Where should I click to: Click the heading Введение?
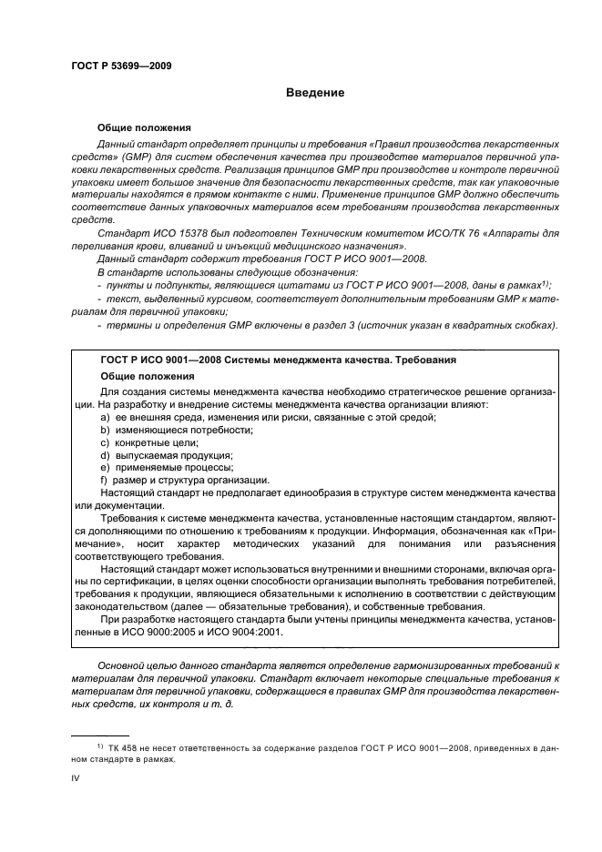314,93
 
